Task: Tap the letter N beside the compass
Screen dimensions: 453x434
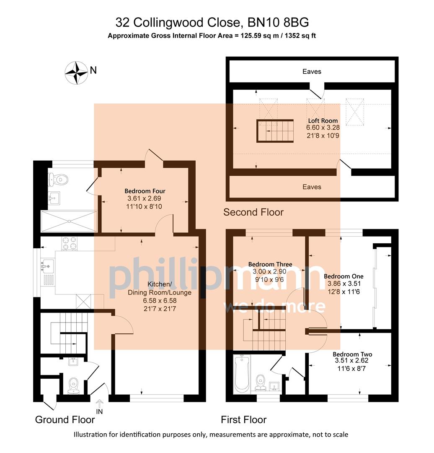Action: pos(93,70)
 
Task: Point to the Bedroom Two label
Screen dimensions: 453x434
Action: pos(353,354)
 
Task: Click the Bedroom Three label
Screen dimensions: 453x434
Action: pos(270,264)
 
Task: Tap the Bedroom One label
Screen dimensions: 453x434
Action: pos(344,276)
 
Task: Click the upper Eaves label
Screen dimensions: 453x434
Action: pos(312,72)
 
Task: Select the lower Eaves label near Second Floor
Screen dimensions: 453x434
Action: pos(312,187)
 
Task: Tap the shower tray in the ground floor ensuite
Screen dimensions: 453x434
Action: pos(69,221)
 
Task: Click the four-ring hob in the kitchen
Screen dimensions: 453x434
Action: pos(70,243)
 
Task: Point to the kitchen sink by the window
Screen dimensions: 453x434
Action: pos(48,266)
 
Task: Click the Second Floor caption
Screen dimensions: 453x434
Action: pos(253,212)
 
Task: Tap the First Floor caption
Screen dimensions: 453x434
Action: pos(243,419)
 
